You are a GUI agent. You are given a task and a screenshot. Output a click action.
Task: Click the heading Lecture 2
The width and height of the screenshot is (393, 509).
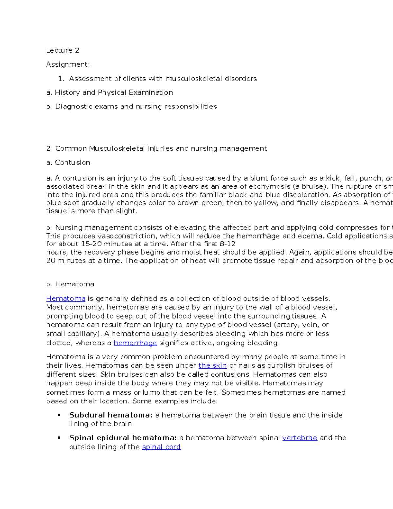[x=62, y=50]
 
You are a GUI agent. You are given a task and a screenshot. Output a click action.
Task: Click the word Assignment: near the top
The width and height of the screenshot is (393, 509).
[x=68, y=65]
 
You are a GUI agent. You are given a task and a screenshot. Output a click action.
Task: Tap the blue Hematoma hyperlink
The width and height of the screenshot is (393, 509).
[x=65, y=299]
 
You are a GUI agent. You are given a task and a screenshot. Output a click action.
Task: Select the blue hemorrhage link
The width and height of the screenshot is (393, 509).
[x=135, y=343]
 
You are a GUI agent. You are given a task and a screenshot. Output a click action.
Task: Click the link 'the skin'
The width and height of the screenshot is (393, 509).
[x=212, y=365]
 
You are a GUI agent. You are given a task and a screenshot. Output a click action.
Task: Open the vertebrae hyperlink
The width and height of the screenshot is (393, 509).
[x=299, y=438]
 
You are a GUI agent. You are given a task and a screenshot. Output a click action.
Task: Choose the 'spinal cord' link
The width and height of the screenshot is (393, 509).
[x=161, y=447]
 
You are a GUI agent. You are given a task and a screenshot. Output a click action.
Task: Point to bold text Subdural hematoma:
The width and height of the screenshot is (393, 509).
[x=111, y=415]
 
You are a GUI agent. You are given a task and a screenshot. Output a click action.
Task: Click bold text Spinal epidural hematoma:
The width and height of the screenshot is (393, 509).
[x=123, y=438]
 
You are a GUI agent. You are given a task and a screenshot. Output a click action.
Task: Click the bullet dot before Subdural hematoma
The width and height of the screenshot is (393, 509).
[x=59, y=415]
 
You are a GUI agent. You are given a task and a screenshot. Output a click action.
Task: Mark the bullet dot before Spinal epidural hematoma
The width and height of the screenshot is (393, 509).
[x=59, y=438]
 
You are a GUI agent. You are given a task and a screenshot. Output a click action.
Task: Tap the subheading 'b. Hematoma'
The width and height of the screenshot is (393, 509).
[x=70, y=284]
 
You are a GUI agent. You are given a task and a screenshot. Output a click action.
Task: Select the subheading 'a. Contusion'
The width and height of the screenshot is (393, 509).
[x=68, y=163]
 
